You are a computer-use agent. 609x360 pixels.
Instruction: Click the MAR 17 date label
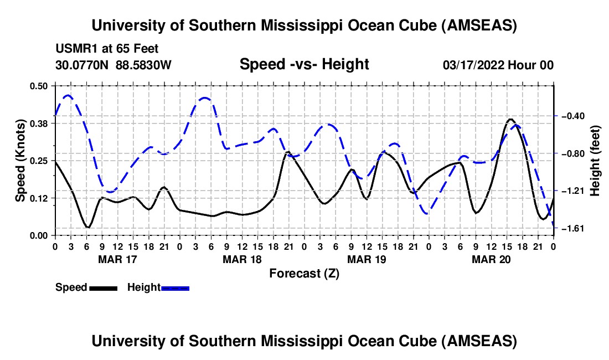(117, 259)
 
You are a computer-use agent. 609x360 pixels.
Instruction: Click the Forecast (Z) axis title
(304, 273)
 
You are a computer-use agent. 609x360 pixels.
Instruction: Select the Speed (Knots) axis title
(20, 161)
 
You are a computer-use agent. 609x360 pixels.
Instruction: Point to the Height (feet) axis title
(595, 161)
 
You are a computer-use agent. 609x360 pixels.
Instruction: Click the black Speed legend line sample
(103, 287)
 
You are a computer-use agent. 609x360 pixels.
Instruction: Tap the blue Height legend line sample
(175, 287)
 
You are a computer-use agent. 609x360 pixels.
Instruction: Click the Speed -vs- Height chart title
(304, 64)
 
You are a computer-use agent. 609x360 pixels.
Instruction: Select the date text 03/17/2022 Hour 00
(498, 65)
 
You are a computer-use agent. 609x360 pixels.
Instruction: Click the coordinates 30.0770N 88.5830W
(113, 65)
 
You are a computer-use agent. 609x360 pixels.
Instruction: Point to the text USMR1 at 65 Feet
(107, 49)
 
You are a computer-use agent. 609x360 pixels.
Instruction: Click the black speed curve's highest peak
(510, 119)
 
